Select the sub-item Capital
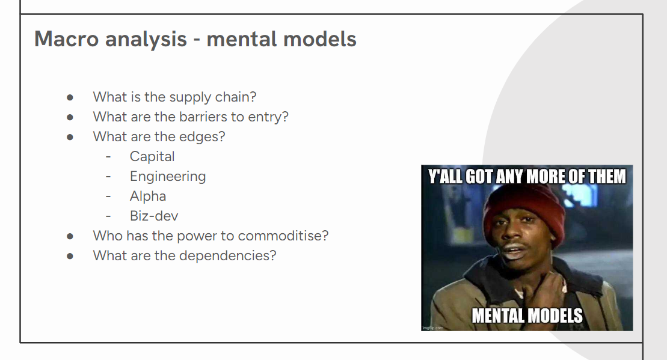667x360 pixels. click(152, 157)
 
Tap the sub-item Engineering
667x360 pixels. click(168, 176)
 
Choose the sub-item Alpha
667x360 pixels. click(147, 196)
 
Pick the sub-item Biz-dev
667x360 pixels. click(153, 216)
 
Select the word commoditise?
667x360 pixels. click(283, 236)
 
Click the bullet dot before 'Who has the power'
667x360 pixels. click(70, 236)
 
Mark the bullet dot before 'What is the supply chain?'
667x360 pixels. click(70, 98)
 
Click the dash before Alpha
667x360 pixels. click(108, 197)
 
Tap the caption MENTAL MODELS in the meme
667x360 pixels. click(527, 316)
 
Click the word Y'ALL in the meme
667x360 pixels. click(445, 176)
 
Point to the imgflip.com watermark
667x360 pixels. click(432, 328)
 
